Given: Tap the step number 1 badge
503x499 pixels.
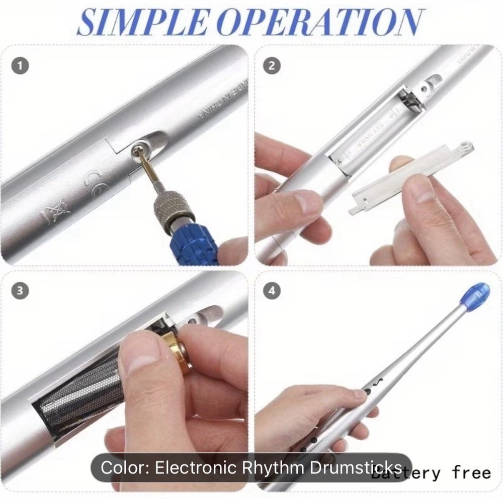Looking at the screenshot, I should tap(20, 66).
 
